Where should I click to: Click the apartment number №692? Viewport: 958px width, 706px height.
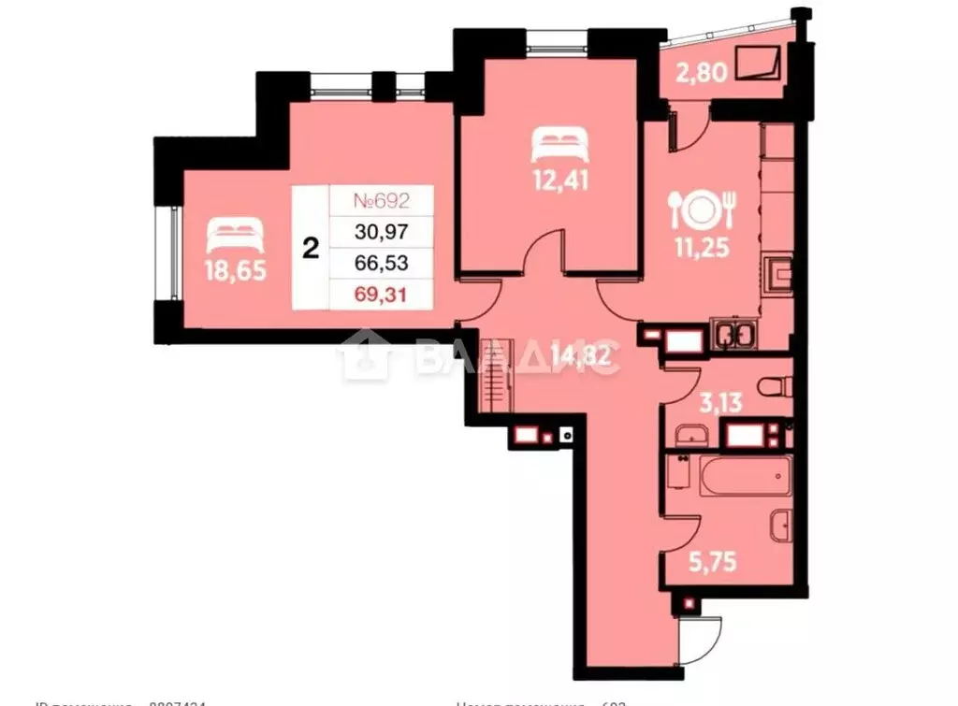tap(382, 199)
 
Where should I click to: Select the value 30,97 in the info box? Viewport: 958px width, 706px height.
tap(382, 231)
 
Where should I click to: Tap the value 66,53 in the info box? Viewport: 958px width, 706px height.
tap(382, 263)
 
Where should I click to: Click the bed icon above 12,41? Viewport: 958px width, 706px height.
tap(559, 144)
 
